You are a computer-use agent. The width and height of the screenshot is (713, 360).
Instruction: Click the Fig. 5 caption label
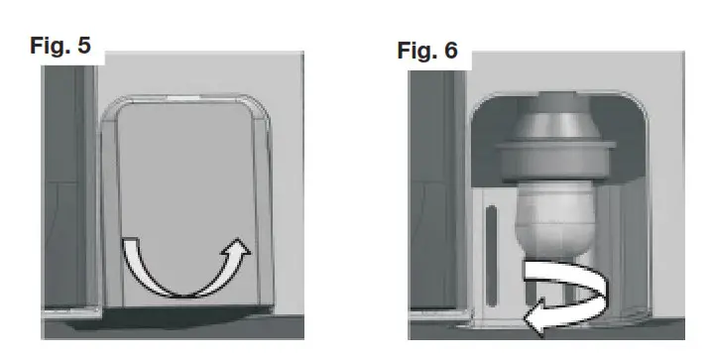(60, 47)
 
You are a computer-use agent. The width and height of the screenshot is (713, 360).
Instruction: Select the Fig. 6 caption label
(427, 51)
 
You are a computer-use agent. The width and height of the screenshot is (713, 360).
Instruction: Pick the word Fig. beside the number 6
(416, 51)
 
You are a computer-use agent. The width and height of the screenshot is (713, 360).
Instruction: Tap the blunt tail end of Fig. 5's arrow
(129, 245)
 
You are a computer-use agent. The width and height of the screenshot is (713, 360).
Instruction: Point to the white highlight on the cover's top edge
(182, 98)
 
